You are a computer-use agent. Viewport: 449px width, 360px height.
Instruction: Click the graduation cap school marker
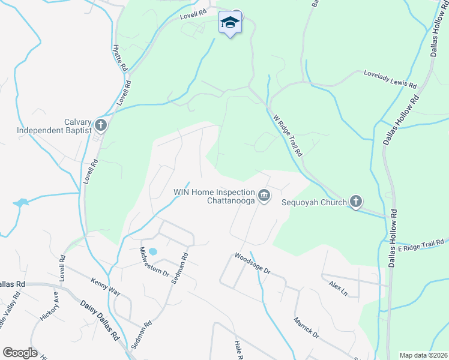(x=229, y=23)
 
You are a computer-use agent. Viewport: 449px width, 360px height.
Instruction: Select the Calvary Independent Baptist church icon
(x=100, y=125)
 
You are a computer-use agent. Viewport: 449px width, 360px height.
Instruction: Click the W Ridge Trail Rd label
(x=288, y=136)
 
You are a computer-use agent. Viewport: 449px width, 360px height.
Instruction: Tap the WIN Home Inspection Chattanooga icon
(x=264, y=195)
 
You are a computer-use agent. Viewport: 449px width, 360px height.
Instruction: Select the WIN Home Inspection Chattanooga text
(x=215, y=196)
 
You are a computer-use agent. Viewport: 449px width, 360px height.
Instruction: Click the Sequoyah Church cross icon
(x=356, y=202)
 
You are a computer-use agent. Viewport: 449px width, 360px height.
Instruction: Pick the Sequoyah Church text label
(x=315, y=202)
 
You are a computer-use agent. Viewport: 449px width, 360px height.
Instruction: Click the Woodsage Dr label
(x=252, y=263)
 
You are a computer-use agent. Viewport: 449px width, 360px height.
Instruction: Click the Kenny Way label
(x=106, y=287)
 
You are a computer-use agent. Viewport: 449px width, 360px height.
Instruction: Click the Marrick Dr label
(x=306, y=324)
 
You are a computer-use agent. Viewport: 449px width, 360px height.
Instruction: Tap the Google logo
(x=20, y=353)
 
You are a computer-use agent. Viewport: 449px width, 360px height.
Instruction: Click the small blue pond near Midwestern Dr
(x=152, y=251)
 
